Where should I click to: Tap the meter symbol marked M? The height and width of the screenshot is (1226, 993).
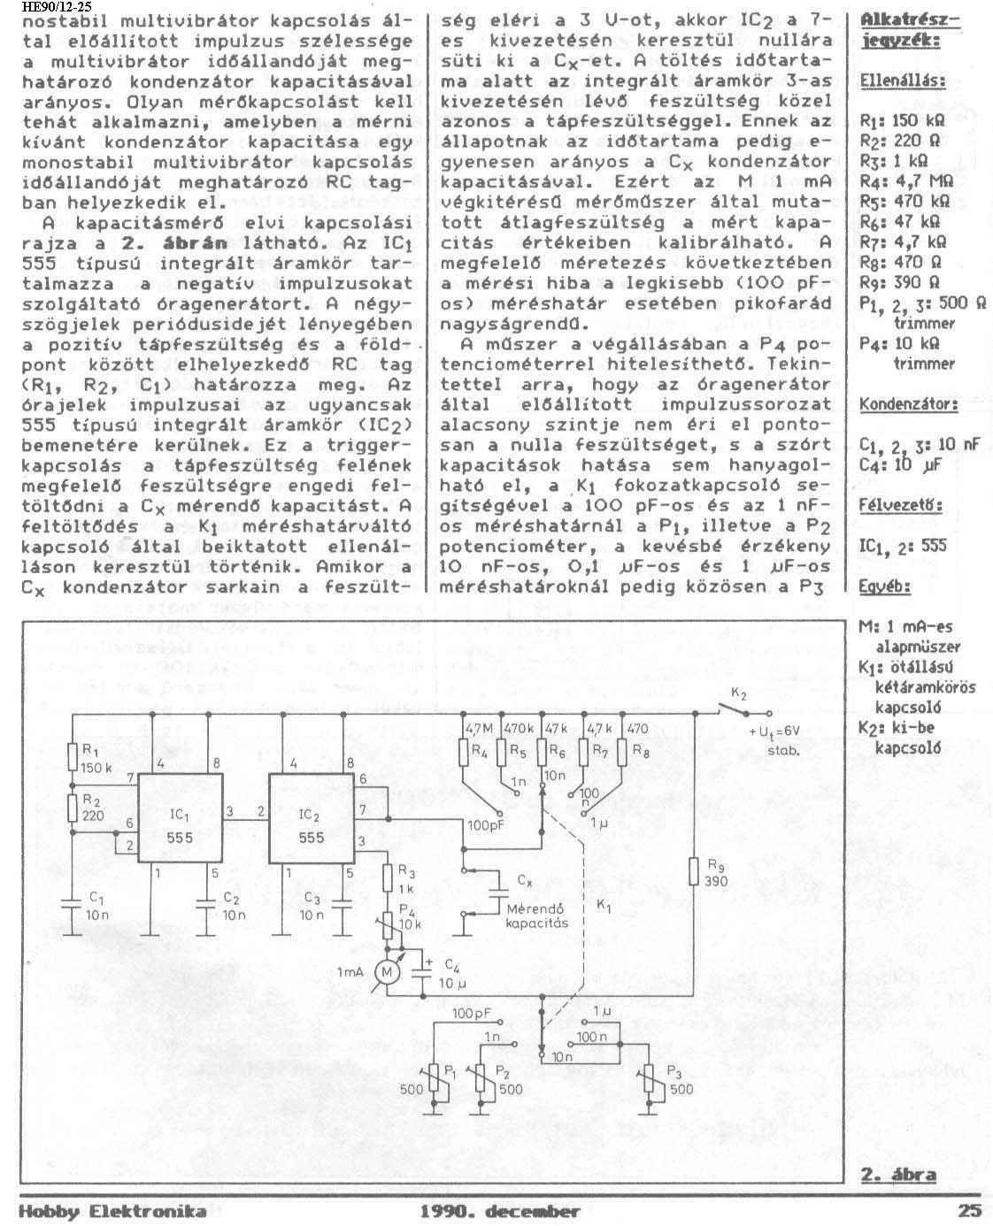[388, 971]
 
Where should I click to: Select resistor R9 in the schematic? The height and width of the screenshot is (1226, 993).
[695, 871]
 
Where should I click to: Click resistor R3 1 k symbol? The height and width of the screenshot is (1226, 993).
[387, 879]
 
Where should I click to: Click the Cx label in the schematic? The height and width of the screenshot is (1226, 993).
[524, 882]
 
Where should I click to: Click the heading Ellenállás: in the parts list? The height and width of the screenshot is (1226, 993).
[900, 80]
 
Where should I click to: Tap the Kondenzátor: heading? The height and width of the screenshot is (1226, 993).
[908, 404]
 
